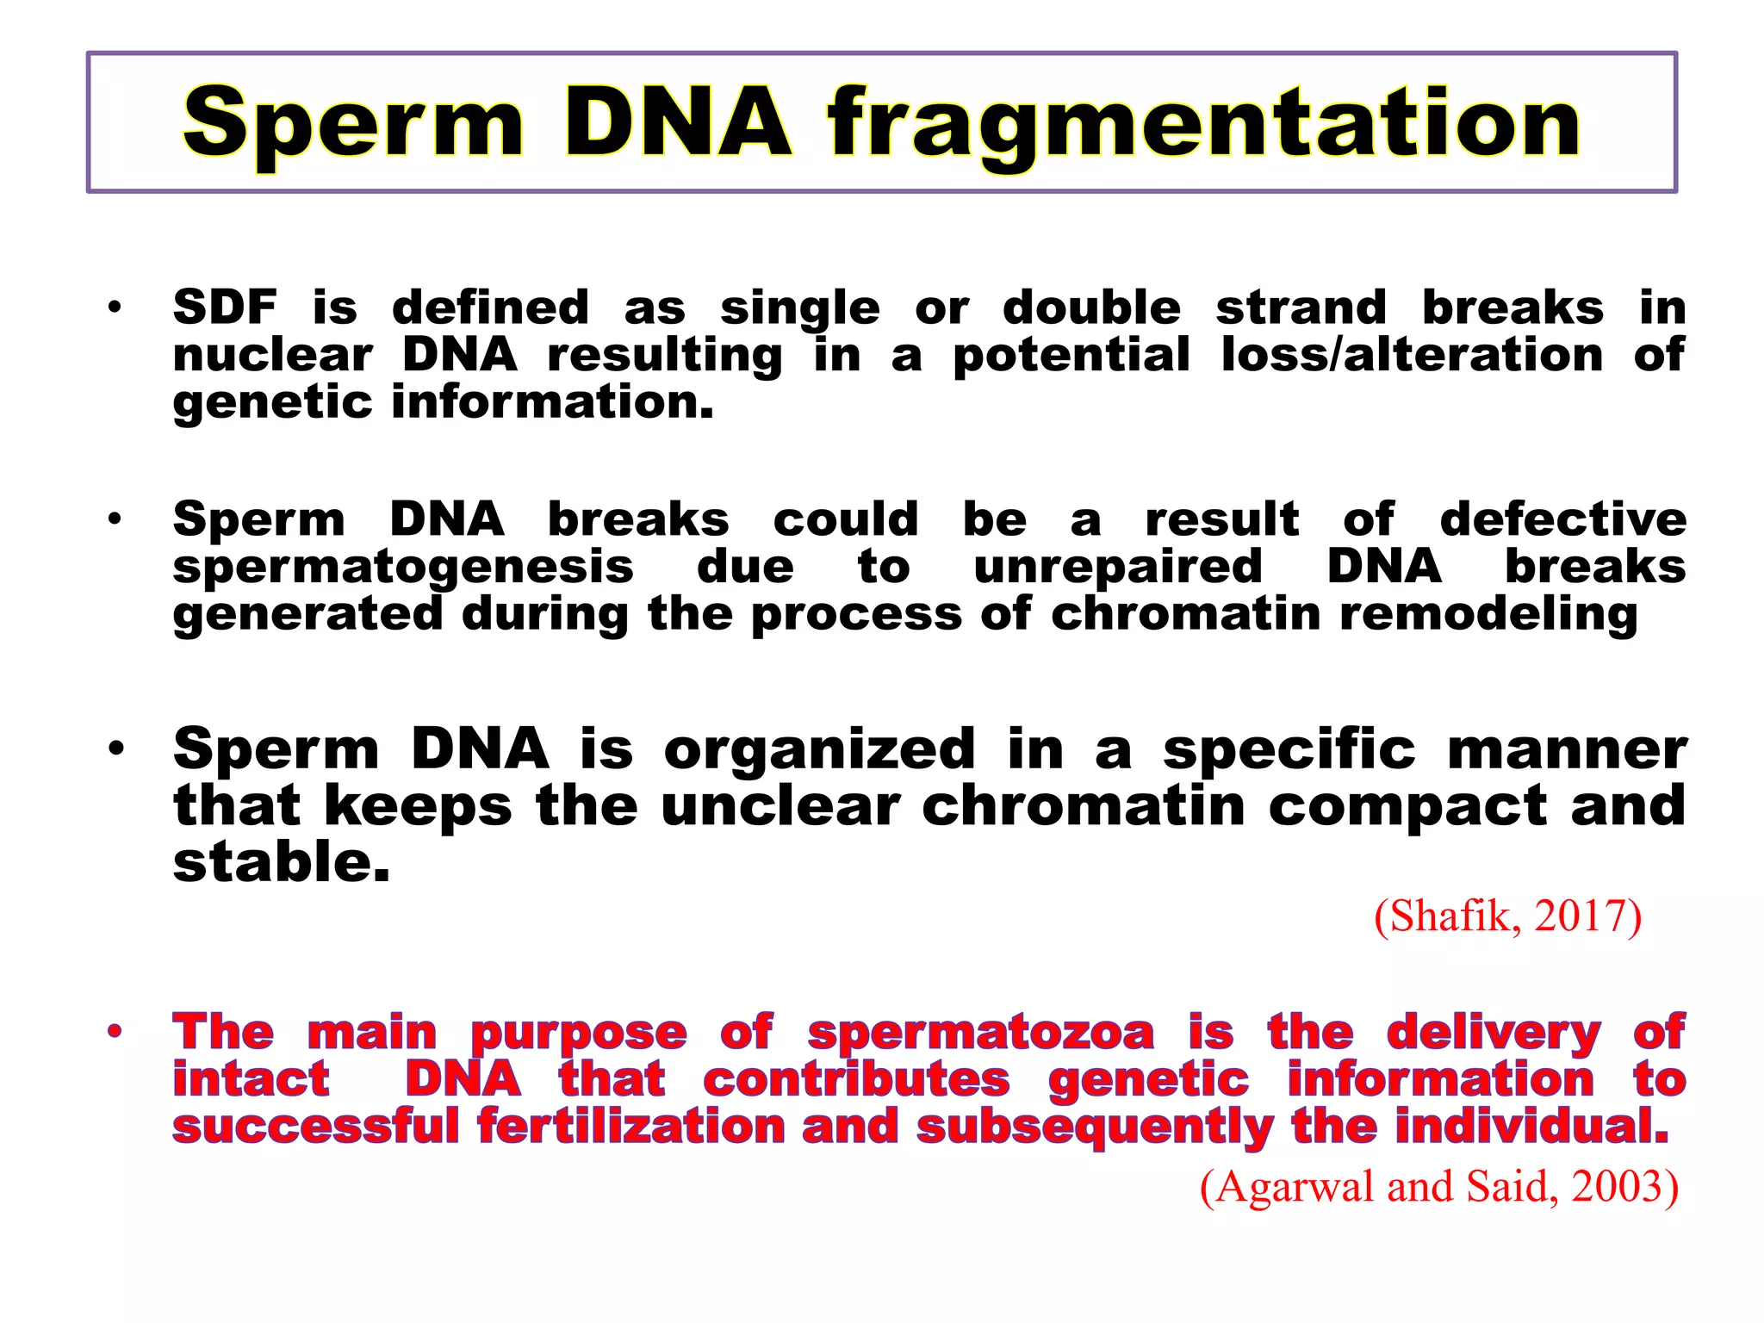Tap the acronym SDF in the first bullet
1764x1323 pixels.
pos(225,307)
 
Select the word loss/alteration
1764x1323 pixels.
pos(1412,355)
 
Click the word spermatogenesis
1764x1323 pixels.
pos(403,568)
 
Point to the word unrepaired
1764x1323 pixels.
pos(1117,567)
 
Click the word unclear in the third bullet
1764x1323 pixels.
pos(780,806)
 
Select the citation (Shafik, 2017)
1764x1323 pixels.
pos(1507,916)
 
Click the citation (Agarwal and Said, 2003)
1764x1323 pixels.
pos(1438,1187)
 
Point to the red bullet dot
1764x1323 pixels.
pos(115,1031)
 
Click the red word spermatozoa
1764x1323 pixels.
pos(980,1032)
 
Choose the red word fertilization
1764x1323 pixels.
pos(630,1127)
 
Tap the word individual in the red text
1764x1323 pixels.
pos(1531,1127)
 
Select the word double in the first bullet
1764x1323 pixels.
pos(1091,307)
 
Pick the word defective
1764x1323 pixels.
pos(1562,519)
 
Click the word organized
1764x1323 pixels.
pos(819,749)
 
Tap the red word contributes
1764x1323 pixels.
pos(856,1079)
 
